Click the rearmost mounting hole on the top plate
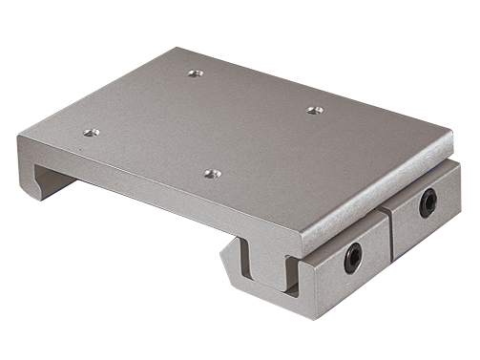pos(195,73)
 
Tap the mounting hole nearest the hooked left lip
pos(91,133)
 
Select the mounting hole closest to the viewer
pos(212,174)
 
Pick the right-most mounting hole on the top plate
pos(314,110)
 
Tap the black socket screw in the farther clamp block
pos(427,201)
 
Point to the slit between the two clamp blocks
pos(389,234)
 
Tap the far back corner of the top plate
pos(181,48)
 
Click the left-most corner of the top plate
pos(19,139)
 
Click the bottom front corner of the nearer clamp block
pos(307,316)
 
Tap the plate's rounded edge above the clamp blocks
pos(382,191)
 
